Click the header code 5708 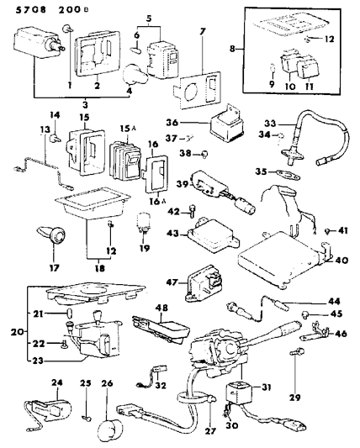pos(18,9)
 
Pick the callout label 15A pos(127,128)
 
